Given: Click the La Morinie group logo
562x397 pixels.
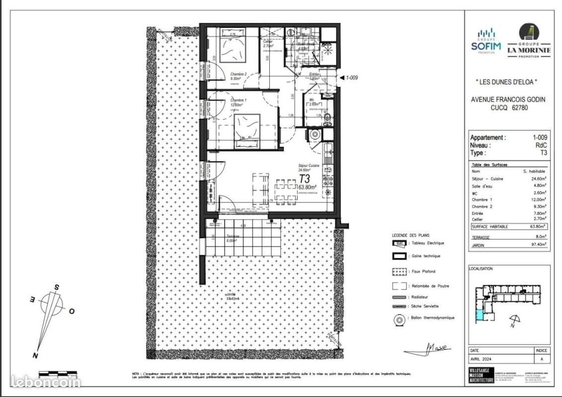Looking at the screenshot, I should click(x=529, y=42).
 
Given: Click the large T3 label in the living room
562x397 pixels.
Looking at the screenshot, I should click(x=304, y=178).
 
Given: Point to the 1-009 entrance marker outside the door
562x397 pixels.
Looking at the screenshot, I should click(x=351, y=77).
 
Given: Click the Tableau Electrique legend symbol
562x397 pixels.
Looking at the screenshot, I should click(x=398, y=243).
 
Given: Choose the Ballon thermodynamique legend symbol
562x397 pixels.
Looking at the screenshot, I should click(x=398, y=320).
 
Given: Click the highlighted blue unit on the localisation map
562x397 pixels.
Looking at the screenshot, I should click(x=479, y=314).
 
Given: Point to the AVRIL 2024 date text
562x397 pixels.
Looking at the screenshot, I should click(x=481, y=360).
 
